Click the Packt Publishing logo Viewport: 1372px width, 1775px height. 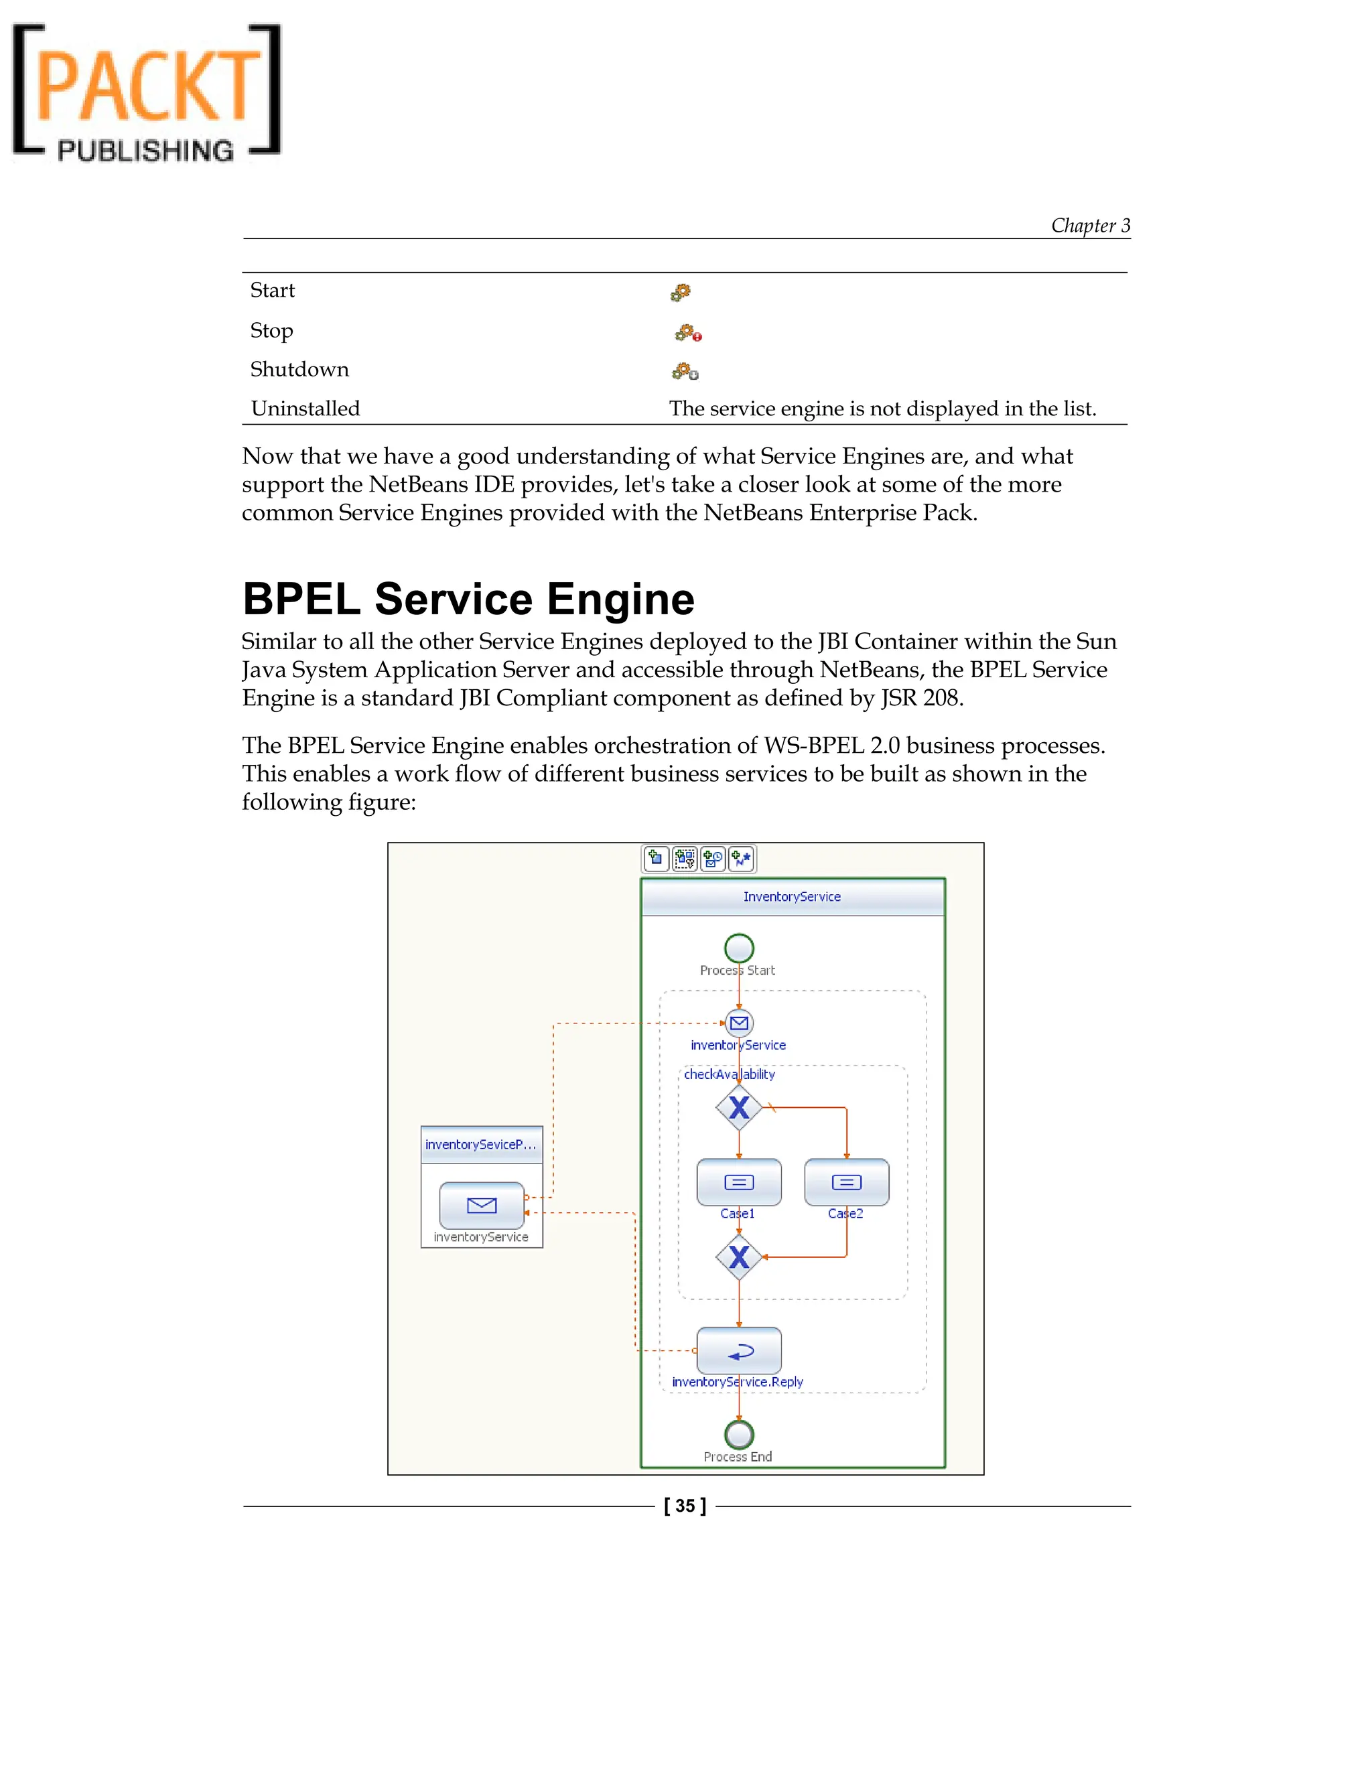(x=146, y=91)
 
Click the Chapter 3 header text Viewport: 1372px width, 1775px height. (x=1090, y=225)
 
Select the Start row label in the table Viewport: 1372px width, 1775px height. (x=272, y=290)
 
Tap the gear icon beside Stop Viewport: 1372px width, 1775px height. (x=687, y=332)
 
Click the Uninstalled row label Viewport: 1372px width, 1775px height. (x=305, y=408)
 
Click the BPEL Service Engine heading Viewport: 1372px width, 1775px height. (x=468, y=599)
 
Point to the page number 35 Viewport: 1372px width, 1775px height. (x=685, y=1506)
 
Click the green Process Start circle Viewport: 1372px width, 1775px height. (x=739, y=948)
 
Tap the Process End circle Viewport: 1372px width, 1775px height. (x=739, y=1435)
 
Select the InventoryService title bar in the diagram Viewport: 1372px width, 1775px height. (x=793, y=896)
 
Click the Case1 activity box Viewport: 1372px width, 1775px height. (x=739, y=1182)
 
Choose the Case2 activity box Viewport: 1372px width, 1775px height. (x=846, y=1182)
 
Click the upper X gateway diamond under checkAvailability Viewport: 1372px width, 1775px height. (x=739, y=1107)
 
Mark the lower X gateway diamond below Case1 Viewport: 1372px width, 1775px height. (x=739, y=1257)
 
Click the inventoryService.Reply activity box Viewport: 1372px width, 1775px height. (x=739, y=1351)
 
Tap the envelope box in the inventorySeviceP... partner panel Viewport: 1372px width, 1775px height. (x=481, y=1205)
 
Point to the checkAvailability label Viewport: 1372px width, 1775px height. (x=729, y=1074)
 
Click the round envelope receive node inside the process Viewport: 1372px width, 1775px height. (x=739, y=1023)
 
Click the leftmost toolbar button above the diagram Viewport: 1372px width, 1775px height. (x=656, y=858)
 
